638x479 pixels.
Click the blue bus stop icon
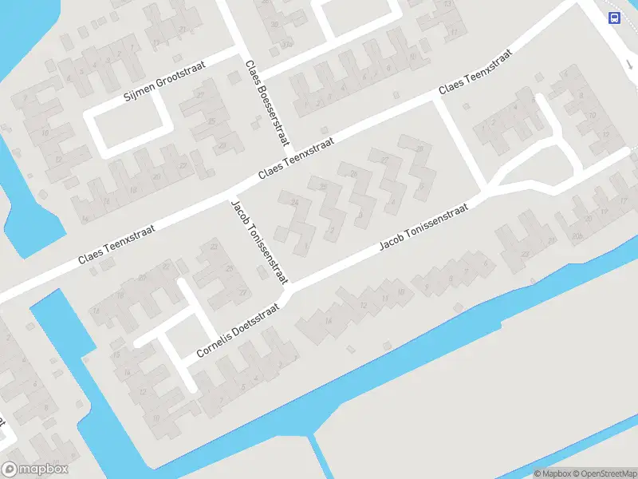(614, 18)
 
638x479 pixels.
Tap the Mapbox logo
(35, 469)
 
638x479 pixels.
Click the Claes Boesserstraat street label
(266, 102)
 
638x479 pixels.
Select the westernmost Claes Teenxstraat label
(116, 244)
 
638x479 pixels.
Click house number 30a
(285, 44)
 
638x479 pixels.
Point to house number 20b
(576, 237)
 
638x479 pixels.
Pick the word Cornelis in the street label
(218, 343)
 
